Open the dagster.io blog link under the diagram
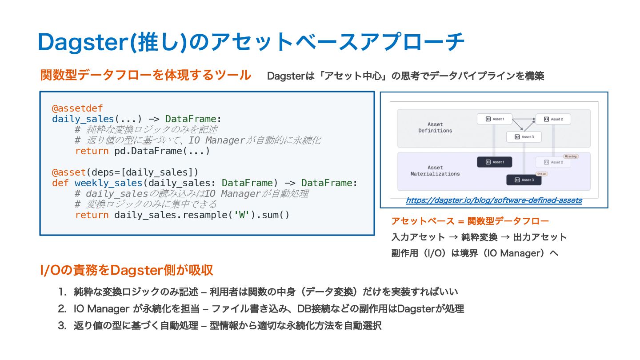pyautogui.click(x=494, y=200)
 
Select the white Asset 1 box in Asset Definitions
pyautogui.click(x=494, y=119)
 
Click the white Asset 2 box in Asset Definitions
pyautogui.click(x=553, y=119)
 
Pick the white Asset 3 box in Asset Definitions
pyautogui.click(x=524, y=137)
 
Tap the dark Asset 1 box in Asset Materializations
pyautogui.click(x=494, y=162)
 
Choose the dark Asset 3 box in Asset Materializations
pyautogui.click(x=524, y=180)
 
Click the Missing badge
pyautogui.click(x=570, y=156)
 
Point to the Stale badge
pyautogui.click(x=541, y=174)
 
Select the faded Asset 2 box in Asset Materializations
pyautogui.click(x=553, y=162)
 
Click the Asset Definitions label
pyautogui.click(x=435, y=128)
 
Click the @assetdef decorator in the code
pyautogui.click(x=77, y=108)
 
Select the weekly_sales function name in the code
pyautogui.click(x=107, y=183)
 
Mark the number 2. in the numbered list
pyautogui.click(x=62, y=309)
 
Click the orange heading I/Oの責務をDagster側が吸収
pyautogui.click(x=127, y=270)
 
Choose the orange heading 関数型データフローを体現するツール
pyautogui.click(x=146, y=75)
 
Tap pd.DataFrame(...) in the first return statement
pyautogui.click(x=162, y=151)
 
